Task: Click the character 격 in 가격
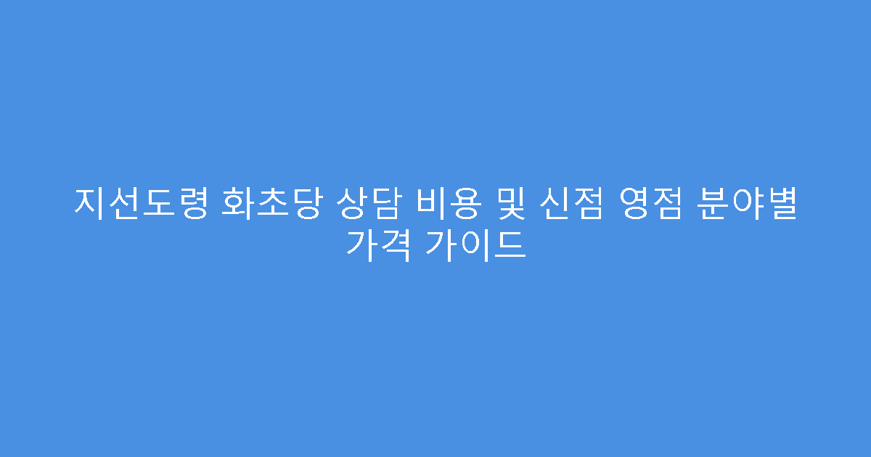coord(395,245)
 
